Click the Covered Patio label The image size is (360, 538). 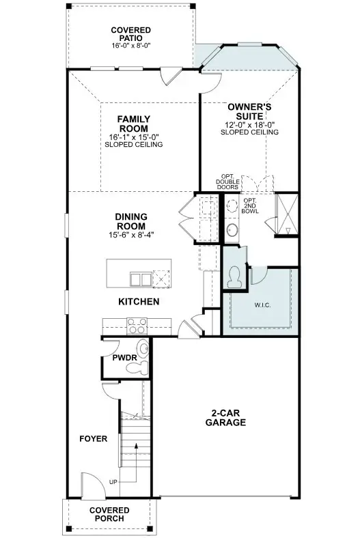[130, 34]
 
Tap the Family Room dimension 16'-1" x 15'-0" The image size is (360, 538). [134, 137]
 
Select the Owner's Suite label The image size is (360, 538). [249, 111]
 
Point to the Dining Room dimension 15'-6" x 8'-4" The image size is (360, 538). [131, 235]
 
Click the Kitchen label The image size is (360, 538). [139, 302]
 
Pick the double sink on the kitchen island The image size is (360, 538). [141, 279]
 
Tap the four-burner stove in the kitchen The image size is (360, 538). [137, 326]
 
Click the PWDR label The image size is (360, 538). [124, 358]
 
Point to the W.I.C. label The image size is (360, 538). [262, 305]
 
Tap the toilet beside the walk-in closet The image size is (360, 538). [236, 277]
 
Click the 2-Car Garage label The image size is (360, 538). [226, 418]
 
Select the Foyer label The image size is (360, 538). [94, 439]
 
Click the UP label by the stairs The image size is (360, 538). [113, 482]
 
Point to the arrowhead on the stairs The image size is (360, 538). [137, 446]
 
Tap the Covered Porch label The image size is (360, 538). [109, 514]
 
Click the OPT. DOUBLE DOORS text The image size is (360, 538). [227, 182]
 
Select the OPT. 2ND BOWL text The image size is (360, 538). [250, 206]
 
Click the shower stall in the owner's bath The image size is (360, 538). [287, 214]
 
